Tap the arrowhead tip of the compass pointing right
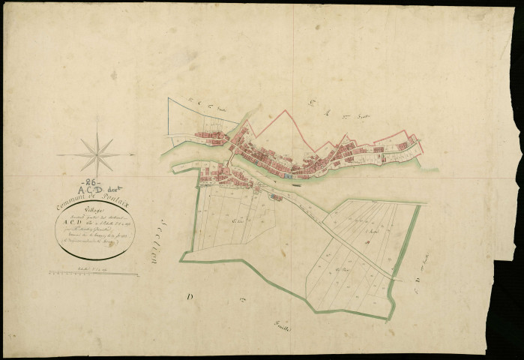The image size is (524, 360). [134, 154]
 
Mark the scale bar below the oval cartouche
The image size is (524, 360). [97, 274]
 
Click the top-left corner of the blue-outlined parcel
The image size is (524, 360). [169, 98]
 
